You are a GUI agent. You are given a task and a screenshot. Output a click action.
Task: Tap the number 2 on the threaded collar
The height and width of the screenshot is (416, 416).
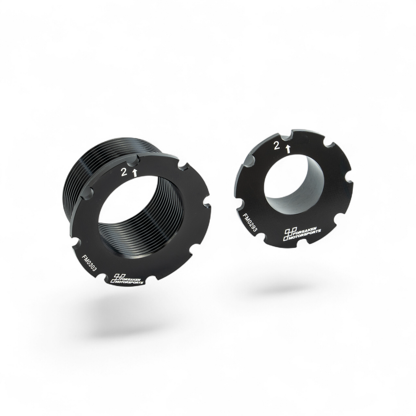(124, 172)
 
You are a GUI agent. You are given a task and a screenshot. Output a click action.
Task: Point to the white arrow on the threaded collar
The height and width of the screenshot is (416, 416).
(135, 173)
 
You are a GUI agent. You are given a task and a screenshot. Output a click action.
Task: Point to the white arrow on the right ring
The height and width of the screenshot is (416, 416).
(288, 149)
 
